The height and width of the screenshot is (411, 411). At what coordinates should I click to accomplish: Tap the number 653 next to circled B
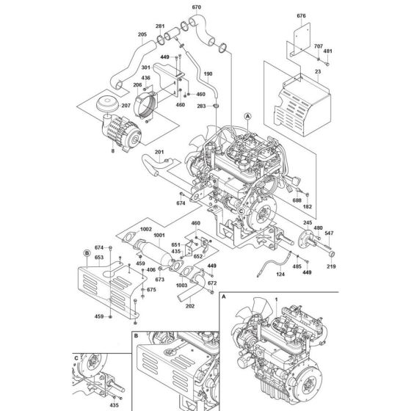coord(98,258)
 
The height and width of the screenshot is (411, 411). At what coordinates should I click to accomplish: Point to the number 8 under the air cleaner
coord(112,150)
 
